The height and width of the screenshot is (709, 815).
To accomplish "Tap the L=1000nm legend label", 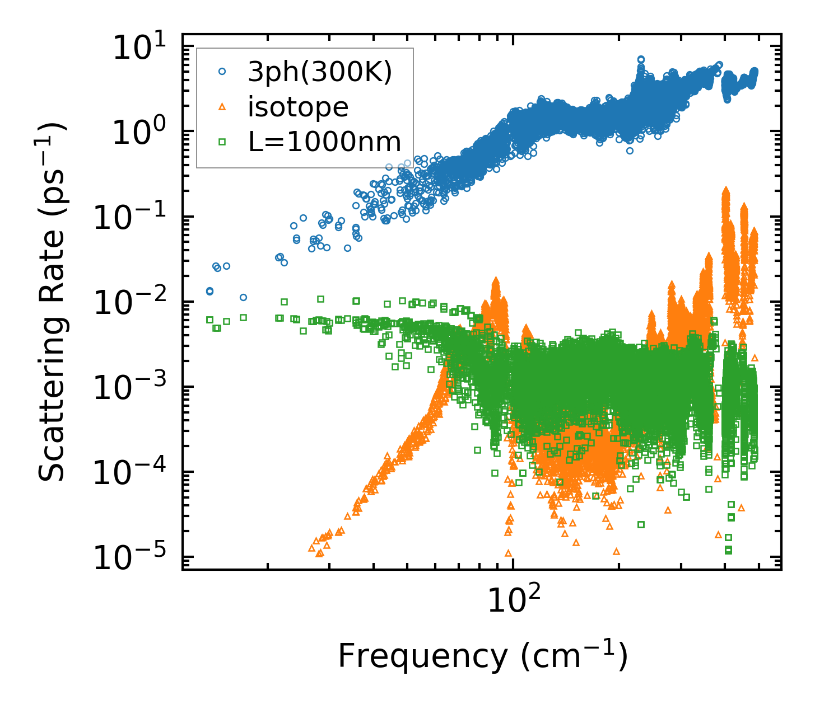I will coord(324,142).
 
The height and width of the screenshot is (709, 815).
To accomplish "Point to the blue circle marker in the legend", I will coord(222,72).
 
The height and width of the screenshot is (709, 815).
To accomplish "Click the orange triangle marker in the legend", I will coord(222,107).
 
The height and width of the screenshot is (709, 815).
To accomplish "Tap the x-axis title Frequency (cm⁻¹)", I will coord(482,656).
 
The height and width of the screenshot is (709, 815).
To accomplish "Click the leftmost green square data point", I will coord(209,320).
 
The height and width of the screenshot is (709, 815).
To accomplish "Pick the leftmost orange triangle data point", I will coord(312,548).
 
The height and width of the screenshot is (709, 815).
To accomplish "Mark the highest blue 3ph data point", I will coord(641,59).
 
